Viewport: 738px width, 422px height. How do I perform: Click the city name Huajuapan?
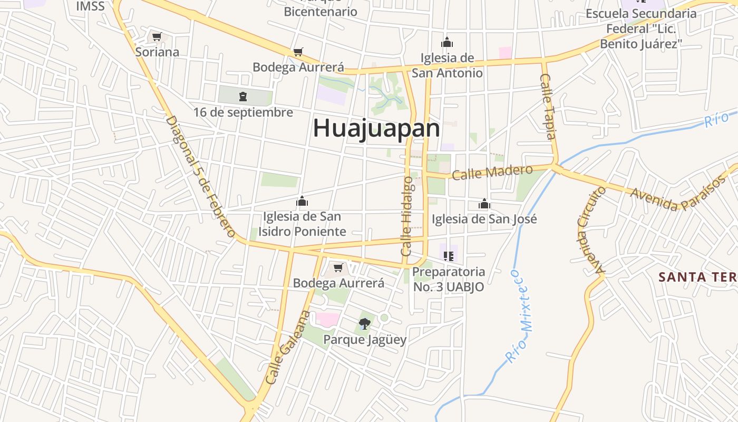(x=376, y=128)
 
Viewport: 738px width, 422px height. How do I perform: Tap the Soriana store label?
(x=157, y=52)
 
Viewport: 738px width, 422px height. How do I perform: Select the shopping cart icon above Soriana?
(x=157, y=36)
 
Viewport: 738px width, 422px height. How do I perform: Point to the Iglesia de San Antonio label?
(x=447, y=65)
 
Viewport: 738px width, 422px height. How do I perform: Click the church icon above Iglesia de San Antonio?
(x=447, y=42)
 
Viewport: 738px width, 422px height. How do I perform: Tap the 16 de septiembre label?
(x=243, y=112)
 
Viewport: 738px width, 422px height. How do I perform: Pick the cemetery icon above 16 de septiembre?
(x=242, y=97)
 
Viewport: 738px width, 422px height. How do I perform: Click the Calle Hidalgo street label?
(x=407, y=216)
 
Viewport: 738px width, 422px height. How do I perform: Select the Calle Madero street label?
(x=492, y=172)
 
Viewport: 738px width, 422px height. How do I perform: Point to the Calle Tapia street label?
(x=548, y=106)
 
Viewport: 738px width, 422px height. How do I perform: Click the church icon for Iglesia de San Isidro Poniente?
(x=302, y=201)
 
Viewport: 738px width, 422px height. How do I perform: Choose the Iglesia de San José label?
(x=484, y=219)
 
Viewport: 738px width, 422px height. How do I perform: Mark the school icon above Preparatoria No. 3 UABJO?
(x=449, y=256)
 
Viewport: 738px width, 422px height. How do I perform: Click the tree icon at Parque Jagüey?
(x=364, y=323)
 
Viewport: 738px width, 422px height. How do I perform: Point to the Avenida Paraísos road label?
(x=678, y=193)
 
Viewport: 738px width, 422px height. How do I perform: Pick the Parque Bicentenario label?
(x=321, y=8)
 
